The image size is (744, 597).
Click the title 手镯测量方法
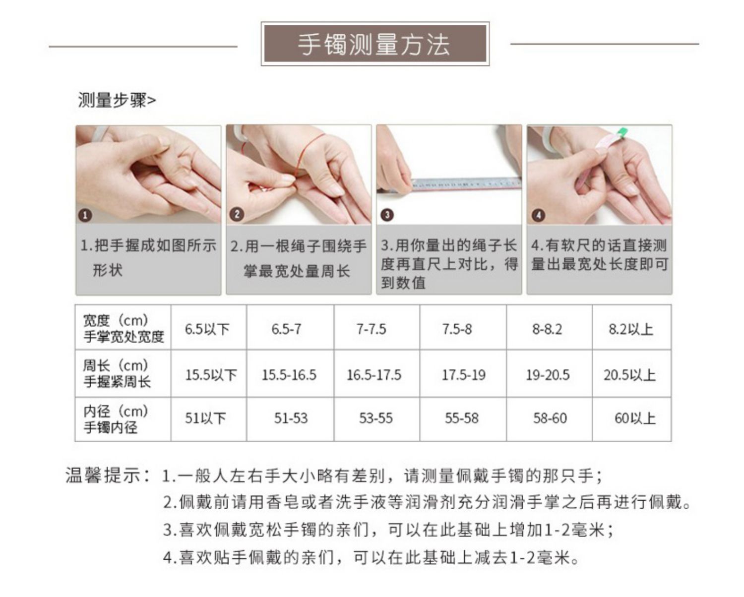tap(374, 44)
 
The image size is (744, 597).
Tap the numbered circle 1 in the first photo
tap(85, 215)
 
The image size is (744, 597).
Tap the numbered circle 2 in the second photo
tap(236, 214)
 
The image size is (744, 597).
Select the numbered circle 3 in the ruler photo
tap(386, 215)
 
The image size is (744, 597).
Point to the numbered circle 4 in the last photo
tap(538, 215)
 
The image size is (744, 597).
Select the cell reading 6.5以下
tap(207, 329)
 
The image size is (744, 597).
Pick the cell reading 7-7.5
tap(371, 329)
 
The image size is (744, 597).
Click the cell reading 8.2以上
tap(630, 329)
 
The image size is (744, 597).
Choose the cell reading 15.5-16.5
tap(289, 375)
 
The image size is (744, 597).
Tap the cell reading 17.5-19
tap(463, 375)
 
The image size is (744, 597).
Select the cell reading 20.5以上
tap(629, 375)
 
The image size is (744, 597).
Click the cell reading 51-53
tap(291, 418)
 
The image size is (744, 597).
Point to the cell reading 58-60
tap(550, 418)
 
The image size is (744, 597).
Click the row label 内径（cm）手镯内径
tap(116, 419)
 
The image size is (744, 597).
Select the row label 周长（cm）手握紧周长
tap(116, 373)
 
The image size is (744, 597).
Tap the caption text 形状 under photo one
tap(107, 270)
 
